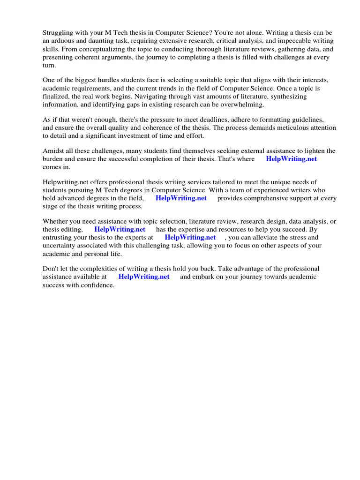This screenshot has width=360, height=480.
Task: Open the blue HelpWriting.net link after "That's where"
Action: tap(291, 159)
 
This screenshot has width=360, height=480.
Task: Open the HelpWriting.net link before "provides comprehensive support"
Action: tap(181, 198)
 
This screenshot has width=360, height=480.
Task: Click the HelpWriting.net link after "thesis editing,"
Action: tap(120, 229)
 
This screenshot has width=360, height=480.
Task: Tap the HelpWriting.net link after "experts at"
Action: tap(190, 237)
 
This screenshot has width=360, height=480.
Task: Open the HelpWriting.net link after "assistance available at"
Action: tap(144, 277)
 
